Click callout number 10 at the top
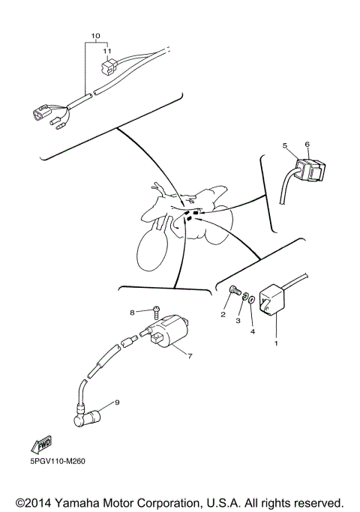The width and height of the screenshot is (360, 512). tap(95, 36)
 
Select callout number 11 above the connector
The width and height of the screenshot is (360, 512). tap(107, 52)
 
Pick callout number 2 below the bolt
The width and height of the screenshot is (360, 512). tap(223, 316)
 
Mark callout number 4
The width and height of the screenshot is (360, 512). tap(252, 330)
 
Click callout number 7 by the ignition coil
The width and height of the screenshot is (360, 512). tap(190, 356)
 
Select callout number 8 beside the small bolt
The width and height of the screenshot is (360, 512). tap(131, 312)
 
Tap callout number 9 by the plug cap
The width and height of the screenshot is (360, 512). tap(117, 403)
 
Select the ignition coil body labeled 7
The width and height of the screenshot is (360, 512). tap(169, 334)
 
